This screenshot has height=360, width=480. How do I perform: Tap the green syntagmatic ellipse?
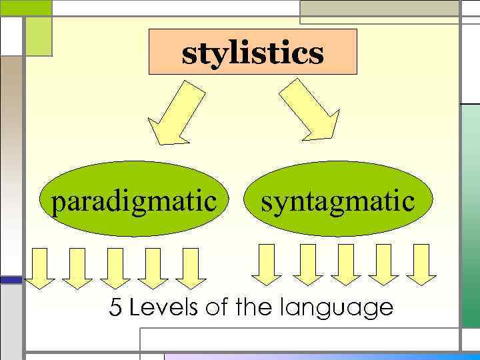coord(337,200)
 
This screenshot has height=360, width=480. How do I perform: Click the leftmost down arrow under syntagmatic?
coord(267,264)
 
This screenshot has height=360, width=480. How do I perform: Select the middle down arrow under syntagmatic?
coord(345,264)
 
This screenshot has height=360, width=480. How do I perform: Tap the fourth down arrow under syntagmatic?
coord(383,264)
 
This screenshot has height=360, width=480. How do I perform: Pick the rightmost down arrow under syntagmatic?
coord(421,264)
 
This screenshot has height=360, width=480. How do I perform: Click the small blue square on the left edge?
coord(11,280)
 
